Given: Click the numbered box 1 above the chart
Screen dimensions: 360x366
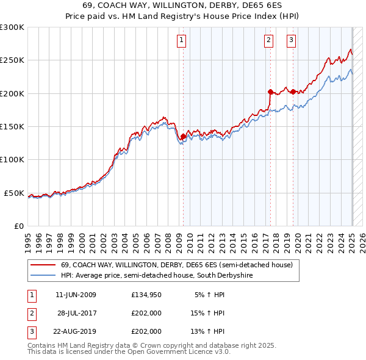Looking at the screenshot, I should click(182, 41).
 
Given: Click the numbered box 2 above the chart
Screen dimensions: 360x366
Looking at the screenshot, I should click(269, 41).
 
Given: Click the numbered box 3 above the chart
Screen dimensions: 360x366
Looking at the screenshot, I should click(292, 41).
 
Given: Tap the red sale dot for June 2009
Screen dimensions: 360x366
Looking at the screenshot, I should click(183, 137).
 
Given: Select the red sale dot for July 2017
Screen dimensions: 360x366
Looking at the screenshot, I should click(270, 92).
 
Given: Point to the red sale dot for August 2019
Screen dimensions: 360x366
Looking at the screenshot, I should click(293, 92).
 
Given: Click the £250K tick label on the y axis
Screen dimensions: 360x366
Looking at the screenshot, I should click(12, 60).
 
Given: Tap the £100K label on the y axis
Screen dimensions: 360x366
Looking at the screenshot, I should click(12, 159).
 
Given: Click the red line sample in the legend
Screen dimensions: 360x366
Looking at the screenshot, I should click(43, 265).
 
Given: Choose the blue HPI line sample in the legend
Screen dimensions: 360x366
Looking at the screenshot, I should click(43, 276).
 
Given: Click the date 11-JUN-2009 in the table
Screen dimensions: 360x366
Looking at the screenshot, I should click(76, 295).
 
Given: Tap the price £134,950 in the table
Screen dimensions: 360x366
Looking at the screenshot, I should click(146, 295).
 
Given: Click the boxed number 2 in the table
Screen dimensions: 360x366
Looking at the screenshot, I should click(30, 314).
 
